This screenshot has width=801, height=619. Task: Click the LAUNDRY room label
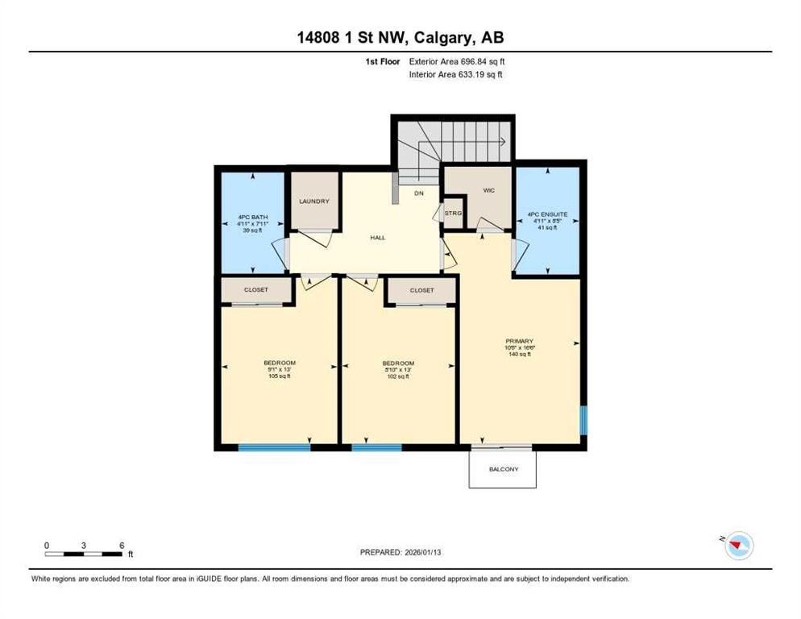314,201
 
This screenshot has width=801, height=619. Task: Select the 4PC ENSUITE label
548,214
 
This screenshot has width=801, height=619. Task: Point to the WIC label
488,190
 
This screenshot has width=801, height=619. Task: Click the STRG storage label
454,213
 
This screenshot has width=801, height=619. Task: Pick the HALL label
377,239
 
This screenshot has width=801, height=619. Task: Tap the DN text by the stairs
418,193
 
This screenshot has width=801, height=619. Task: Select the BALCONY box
503,469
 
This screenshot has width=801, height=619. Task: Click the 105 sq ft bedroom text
280,376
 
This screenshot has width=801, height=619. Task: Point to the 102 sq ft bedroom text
398,376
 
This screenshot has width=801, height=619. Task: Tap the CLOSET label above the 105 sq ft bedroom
256,290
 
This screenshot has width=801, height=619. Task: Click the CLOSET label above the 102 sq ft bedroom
421,290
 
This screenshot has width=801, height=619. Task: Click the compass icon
738,546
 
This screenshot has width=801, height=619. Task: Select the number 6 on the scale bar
122,545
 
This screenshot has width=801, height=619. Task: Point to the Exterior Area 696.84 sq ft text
457,61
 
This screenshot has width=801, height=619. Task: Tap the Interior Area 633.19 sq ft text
457,74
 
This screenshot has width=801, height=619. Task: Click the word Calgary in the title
438,37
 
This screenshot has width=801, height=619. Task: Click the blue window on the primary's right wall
584,420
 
